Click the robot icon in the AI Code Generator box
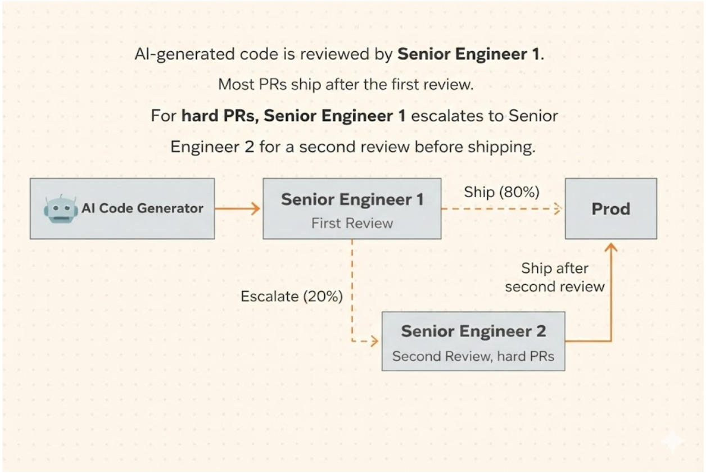pos(61,209)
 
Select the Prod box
pos(611,208)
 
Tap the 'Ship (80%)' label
pos(501,192)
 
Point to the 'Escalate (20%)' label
pos(292,297)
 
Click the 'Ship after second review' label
pos(555,278)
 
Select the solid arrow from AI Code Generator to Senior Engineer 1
pos(237,208)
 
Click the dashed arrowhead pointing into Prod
pos(557,208)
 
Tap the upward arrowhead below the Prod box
pos(611,248)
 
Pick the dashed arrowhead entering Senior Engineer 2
pos(374,341)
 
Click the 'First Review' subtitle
pos(352,223)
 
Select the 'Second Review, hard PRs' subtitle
pos(473,356)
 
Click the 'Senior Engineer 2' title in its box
pos(473,331)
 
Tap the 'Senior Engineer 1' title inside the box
pos(352,199)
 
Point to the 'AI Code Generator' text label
pos(142,208)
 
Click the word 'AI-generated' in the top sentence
pos(185,54)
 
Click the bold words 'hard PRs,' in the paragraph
pos(220,116)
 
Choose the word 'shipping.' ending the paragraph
pos(501,147)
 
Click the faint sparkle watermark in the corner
pos(672,442)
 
